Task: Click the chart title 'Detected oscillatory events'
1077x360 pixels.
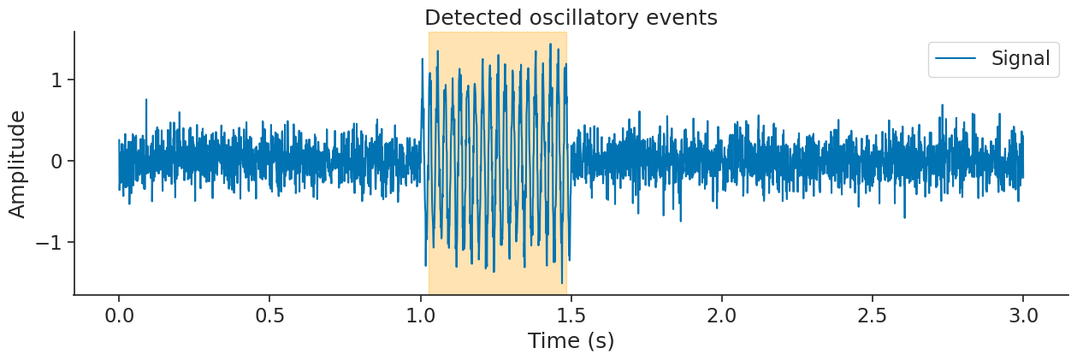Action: point(571,17)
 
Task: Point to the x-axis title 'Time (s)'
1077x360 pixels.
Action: point(571,340)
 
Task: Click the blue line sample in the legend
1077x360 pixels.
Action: point(956,58)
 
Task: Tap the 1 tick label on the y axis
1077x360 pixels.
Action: point(59,80)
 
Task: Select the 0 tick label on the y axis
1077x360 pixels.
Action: point(59,161)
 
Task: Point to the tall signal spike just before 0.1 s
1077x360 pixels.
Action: point(146,100)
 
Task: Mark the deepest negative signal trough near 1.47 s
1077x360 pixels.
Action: point(562,282)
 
